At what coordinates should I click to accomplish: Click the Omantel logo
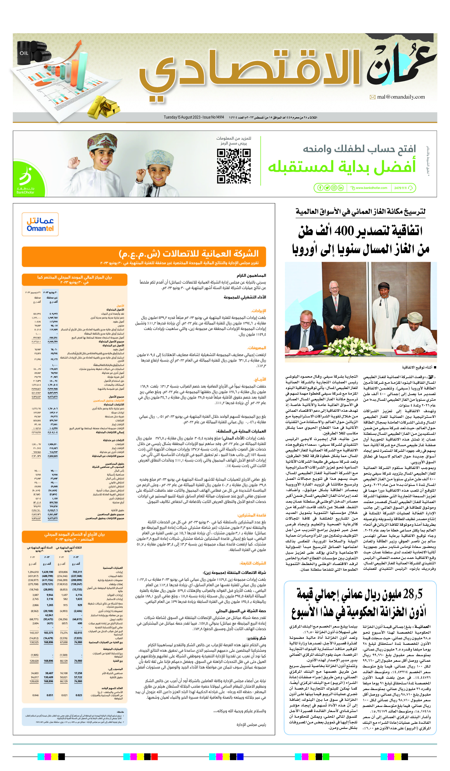coord(40,224)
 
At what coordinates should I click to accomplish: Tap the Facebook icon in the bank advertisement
coord(320,188)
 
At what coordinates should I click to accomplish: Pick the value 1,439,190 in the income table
coord(47,572)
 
